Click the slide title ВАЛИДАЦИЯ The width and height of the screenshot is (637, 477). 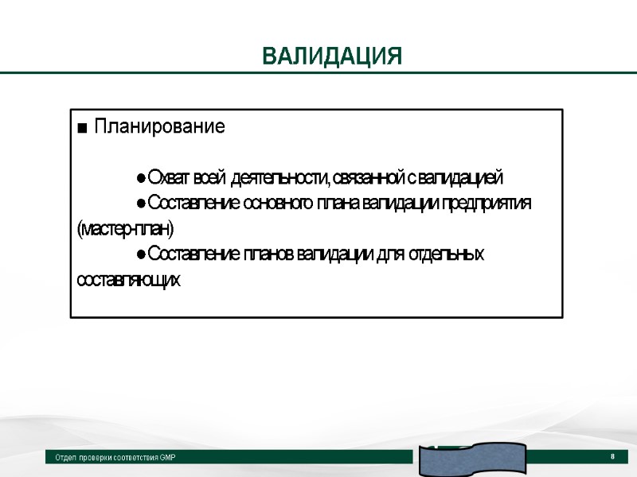click(332, 57)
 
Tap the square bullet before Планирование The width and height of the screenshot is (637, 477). click(82, 128)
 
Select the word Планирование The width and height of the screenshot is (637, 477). click(159, 126)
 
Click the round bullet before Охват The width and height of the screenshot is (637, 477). click(140, 177)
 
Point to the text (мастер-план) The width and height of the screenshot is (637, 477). click(124, 229)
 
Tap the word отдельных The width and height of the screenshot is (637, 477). click(446, 254)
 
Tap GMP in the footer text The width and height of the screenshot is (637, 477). click(166, 458)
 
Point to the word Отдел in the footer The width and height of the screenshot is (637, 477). click(65, 458)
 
